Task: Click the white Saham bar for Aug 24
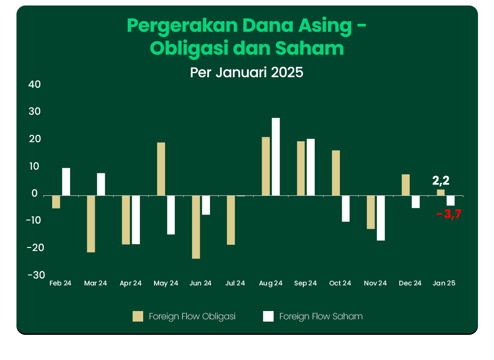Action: (276, 156)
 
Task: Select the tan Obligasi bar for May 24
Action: (161, 169)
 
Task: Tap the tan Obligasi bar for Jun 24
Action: (196, 227)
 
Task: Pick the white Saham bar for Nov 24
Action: (381, 218)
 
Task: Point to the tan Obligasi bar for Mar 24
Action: (91, 224)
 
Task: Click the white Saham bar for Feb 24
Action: (66, 182)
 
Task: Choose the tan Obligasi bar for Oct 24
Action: (336, 173)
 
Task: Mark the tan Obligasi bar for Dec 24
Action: (406, 185)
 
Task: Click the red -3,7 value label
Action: (448, 214)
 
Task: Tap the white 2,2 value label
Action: (441, 181)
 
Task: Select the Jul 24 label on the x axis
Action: (235, 284)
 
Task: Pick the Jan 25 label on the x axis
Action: (444, 284)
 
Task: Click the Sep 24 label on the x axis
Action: (306, 284)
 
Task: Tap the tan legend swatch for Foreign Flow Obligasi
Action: (138, 316)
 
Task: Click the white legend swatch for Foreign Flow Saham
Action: (268, 316)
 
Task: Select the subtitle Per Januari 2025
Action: (247, 72)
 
